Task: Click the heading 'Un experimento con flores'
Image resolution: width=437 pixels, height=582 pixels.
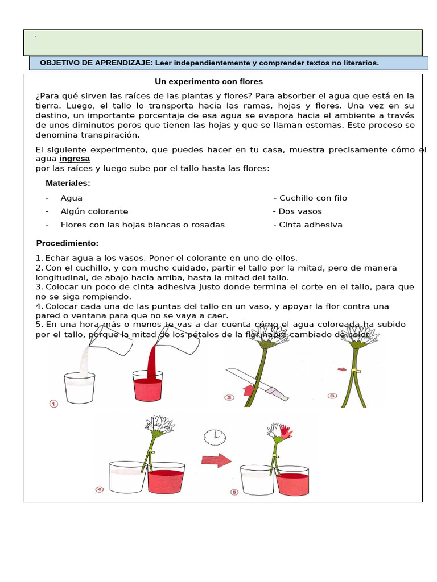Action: tap(209, 82)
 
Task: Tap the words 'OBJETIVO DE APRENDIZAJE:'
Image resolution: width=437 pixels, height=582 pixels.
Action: tap(96, 63)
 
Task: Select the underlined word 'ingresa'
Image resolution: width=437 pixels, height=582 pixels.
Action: tap(75, 159)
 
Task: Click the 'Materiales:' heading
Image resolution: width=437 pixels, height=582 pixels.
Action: tap(68, 183)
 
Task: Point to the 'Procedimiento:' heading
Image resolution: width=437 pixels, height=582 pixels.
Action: tap(67, 243)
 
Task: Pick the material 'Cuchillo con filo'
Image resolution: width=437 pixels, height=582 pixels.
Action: tap(310, 198)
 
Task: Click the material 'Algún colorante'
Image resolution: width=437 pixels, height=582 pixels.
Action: tap(94, 211)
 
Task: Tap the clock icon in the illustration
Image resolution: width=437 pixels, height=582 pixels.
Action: tap(215, 436)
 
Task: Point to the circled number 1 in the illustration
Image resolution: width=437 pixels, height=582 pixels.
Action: tap(54, 404)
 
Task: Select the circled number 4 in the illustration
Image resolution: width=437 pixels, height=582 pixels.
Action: tap(99, 489)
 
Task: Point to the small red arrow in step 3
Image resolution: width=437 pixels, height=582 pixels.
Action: tap(341, 369)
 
